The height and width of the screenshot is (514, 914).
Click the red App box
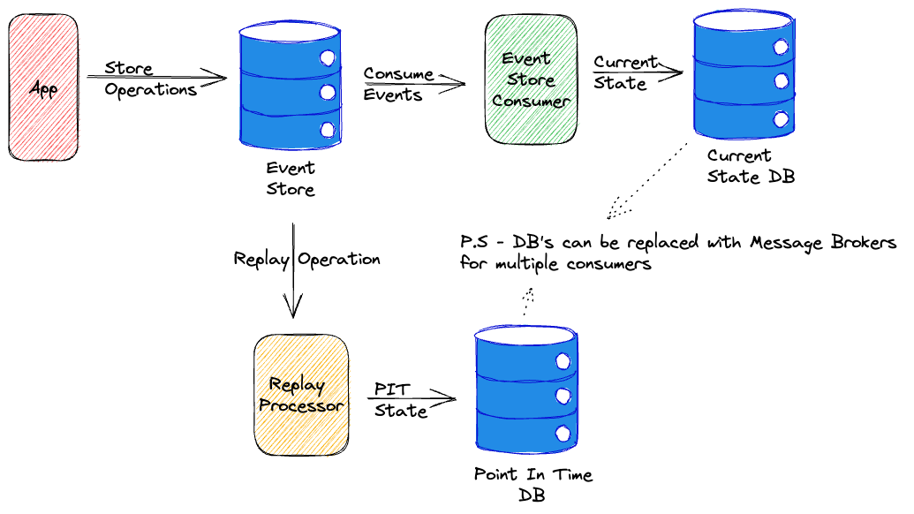tap(43, 88)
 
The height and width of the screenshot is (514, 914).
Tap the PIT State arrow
tap(411, 399)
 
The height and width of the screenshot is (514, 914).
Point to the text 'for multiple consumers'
tap(555, 263)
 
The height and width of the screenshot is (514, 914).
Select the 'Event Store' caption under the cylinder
tap(291, 178)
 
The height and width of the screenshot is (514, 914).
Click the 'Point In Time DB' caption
tap(533, 484)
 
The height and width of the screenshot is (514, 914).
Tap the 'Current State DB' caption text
tap(750, 166)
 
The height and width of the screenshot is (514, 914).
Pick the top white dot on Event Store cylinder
tap(329, 59)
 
